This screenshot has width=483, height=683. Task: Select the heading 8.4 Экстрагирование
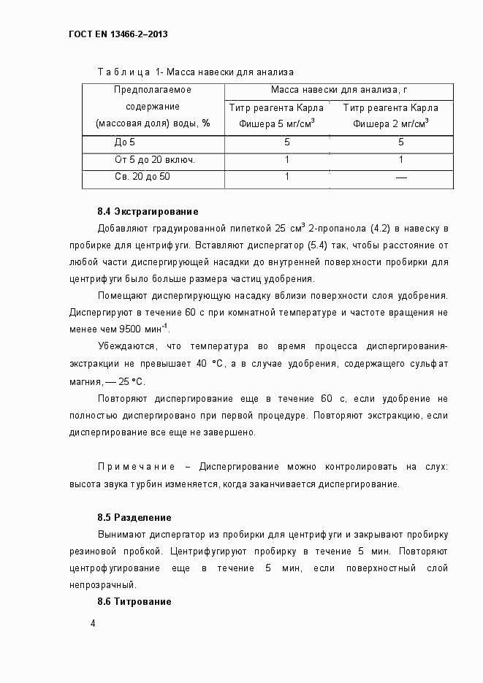148,212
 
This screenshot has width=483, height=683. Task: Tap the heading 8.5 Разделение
134,518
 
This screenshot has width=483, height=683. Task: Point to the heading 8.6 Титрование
134,601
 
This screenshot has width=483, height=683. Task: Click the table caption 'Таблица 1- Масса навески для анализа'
195,72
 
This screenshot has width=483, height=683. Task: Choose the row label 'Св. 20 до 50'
142,177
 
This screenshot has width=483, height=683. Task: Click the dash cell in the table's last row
400,178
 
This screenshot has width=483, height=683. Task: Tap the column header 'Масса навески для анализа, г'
338,90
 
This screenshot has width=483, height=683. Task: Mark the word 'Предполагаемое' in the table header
153,90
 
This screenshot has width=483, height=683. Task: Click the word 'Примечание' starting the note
137,467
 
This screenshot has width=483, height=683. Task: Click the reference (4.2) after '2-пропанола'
401,229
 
